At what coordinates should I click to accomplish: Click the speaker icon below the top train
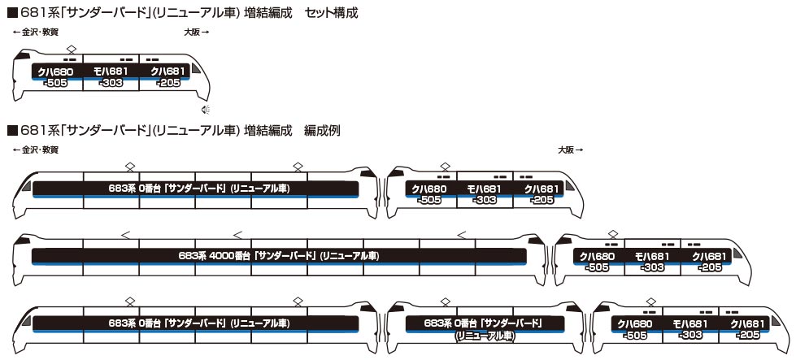pyautogui.click(x=207, y=111)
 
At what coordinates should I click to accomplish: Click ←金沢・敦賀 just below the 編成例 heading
pyautogui.click(x=37, y=150)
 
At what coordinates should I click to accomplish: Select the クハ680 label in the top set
pyautogui.click(x=57, y=72)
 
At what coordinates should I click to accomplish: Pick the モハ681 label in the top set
pyautogui.click(x=111, y=72)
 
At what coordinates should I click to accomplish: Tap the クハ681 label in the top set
pyautogui.click(x=167, y=72)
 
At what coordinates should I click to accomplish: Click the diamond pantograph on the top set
pyautogui.click(x=72, y=50)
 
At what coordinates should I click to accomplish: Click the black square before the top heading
pyautogui.click(x=11, y=14)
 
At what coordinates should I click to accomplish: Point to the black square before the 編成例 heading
pyautogui.click(x=11, y=130)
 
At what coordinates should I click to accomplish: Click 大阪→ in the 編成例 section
pyautogui.click(x=571, y=150)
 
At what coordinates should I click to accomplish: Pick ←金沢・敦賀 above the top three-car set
pyautogui.click(x=37, y=32)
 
